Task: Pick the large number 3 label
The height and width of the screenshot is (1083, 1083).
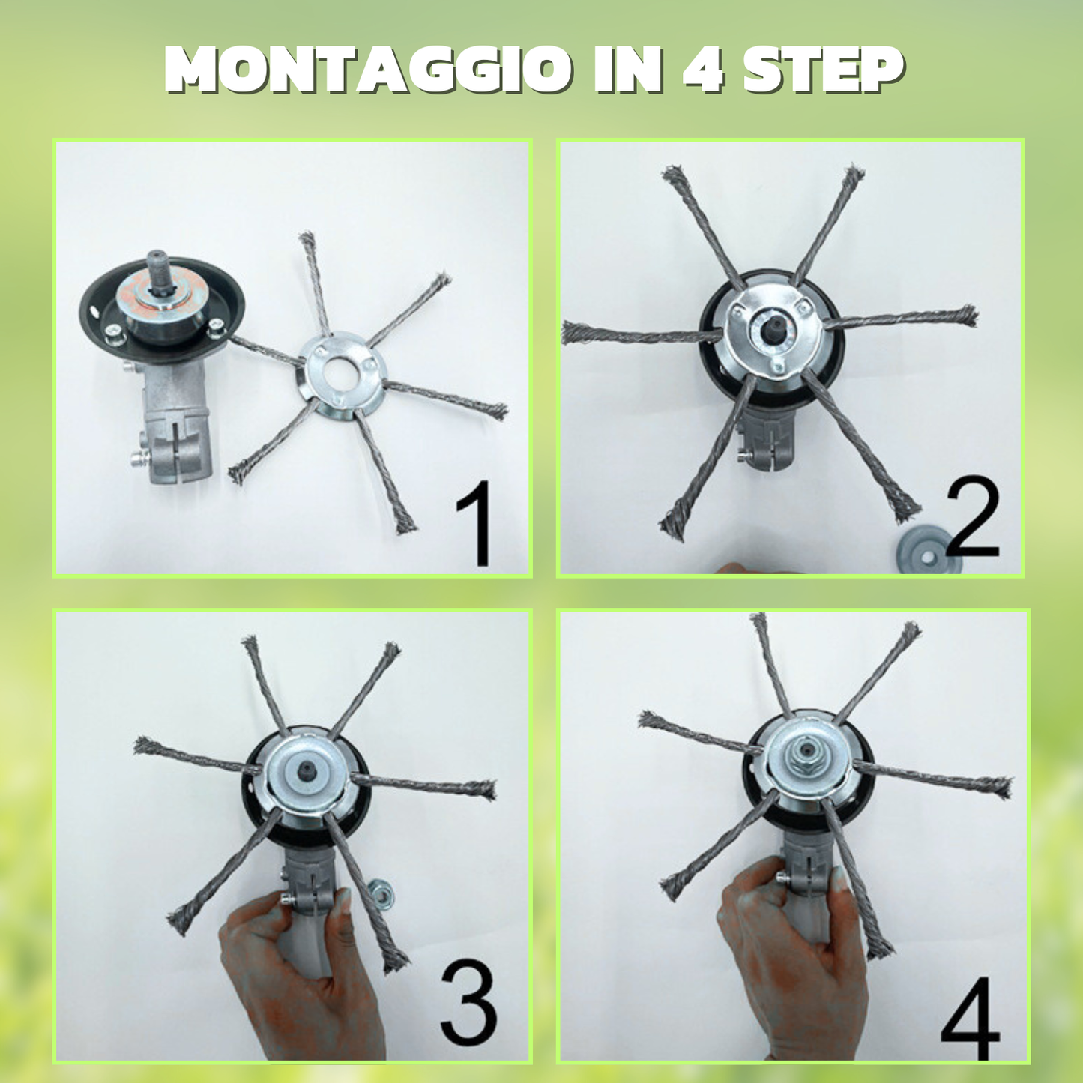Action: [468, 1005]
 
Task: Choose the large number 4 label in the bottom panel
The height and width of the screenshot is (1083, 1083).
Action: [970, 1020]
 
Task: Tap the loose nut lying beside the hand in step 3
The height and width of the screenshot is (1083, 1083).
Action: [381, 893]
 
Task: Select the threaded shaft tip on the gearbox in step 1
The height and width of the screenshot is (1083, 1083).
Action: [158, 269]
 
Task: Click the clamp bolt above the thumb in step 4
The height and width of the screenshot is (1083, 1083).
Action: [784, 878]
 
